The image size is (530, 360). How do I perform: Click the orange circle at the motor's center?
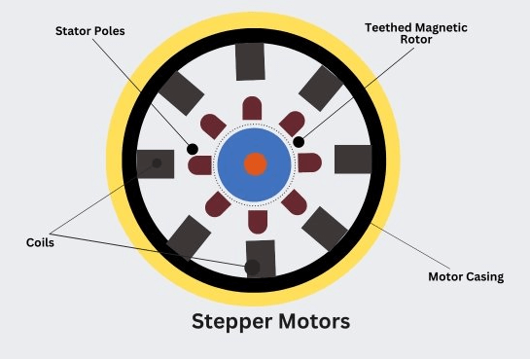255,163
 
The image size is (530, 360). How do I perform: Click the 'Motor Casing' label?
466,276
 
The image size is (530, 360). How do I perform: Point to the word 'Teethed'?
387,28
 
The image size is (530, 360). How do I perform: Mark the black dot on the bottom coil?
253,266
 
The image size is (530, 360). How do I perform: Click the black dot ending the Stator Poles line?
193,149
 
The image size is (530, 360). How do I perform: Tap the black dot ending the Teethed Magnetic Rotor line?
299,142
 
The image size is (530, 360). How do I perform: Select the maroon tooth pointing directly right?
309,163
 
